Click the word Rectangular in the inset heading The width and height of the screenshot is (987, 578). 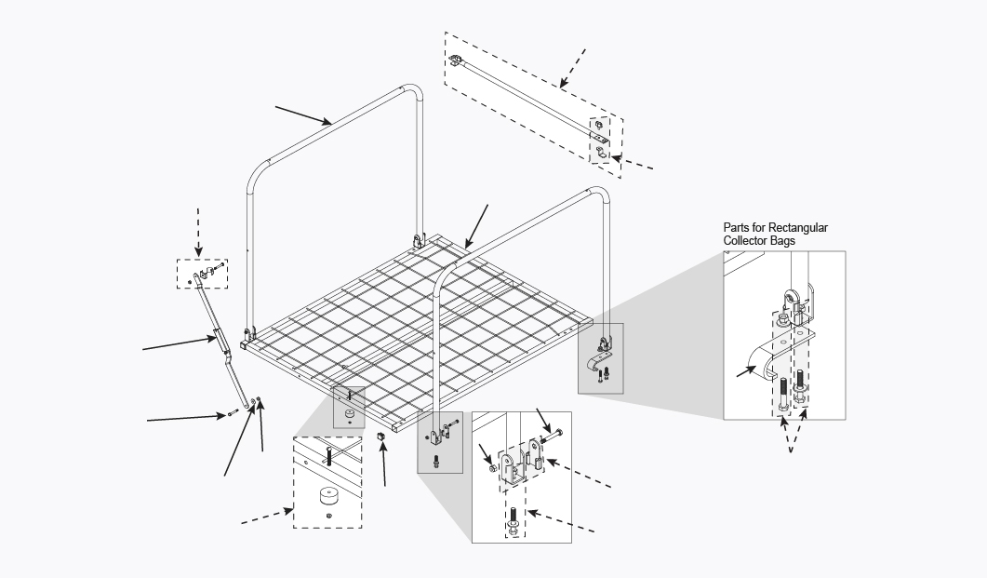[x=798, y=227]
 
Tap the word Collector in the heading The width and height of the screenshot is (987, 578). [x=749, y=241]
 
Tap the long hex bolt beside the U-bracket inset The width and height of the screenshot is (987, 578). [x=556, y=434]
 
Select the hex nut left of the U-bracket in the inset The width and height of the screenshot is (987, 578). [x=493, y=468]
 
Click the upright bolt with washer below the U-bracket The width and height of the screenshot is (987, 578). [x=514, y=519]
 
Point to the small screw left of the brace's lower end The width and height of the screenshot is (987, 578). [x=230, y=413]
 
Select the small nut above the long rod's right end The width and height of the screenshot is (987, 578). [x=597, y=122]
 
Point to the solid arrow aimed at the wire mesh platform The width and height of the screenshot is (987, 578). [x=475, y=227]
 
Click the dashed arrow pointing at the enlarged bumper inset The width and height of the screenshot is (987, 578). [x=264, y=518]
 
